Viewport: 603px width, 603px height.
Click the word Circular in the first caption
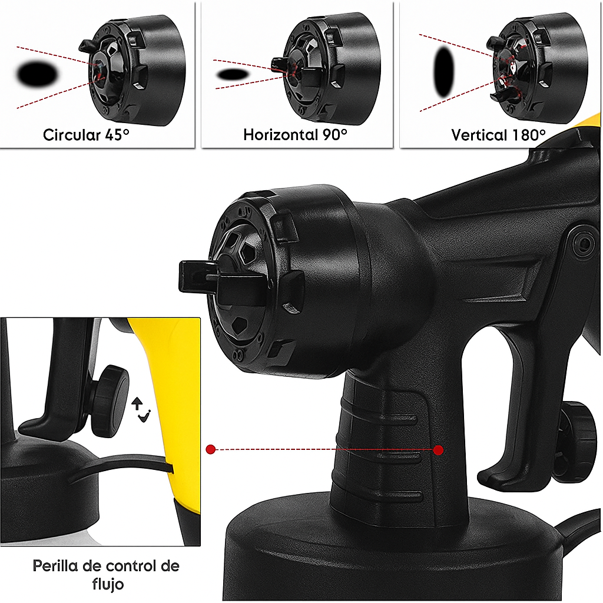coord(71,135)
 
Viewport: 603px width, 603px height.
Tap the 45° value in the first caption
coord(117,135)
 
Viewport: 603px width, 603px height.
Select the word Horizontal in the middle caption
coord(281,135)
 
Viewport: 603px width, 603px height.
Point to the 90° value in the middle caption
coord(335,135)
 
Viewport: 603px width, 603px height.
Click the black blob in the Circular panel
coord(38,74)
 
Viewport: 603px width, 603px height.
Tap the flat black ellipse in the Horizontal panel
coord(233,74)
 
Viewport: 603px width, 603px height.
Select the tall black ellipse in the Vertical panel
coord(444,72)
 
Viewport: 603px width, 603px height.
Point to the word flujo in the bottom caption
coord(108,584)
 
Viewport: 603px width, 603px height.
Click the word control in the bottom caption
coord(131,566)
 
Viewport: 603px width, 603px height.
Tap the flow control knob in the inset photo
coord(108,401)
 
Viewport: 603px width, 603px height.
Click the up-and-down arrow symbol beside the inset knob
coord(141,410)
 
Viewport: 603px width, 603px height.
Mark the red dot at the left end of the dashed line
coord(211,449)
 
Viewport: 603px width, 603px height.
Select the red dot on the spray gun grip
coord(438,450)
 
